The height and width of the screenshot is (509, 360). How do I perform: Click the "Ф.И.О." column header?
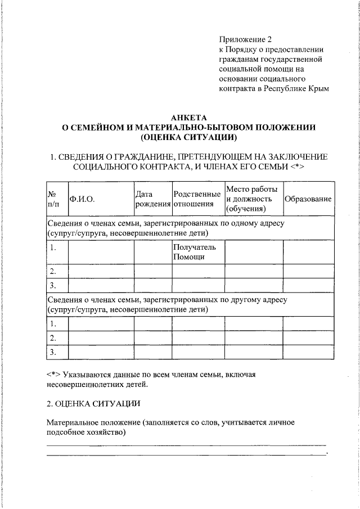tap(82, 199)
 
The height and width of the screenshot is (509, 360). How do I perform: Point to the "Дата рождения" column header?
tap(152, 199)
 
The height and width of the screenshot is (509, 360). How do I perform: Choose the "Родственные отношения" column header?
tap(197, 199)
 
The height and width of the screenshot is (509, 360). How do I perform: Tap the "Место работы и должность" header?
tap(253, 199)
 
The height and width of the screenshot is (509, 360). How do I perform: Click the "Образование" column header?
tap(308, 199)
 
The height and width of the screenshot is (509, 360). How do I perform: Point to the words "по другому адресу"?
tap(256, 300)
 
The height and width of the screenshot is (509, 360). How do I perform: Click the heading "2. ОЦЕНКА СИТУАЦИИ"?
tap(89, 403)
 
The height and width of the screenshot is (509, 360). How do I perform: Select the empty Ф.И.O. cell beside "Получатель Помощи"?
tap(101, 252)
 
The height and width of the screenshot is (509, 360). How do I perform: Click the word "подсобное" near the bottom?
tap(65, 433)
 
